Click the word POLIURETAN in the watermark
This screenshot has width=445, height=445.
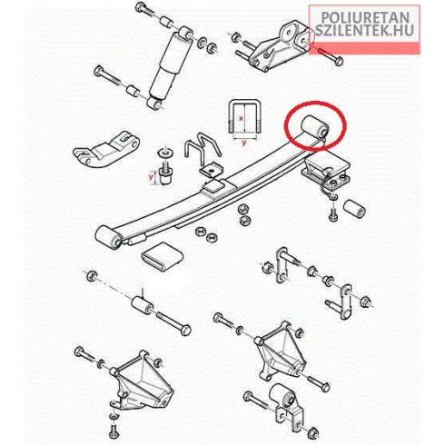tap(365, 17)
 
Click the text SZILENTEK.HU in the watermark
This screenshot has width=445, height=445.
tap(364, 30)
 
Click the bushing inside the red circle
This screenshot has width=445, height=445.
tap(315, 127)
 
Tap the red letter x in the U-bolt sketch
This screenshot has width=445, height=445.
tap(241, 118)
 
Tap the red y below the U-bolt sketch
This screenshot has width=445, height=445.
tap(244, 143)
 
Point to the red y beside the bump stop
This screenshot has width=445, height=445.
tap(151, 177)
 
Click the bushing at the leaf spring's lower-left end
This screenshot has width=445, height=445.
tap(109, 238)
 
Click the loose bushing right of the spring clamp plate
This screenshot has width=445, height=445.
tap(354, 209)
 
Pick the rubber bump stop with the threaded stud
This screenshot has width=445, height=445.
tap(165, 174)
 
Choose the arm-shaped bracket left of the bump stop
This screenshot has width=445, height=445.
tap(106, 149)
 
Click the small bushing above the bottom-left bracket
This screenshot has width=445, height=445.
tap(142, 305)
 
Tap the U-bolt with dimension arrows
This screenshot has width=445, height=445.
tap(243, 117)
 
